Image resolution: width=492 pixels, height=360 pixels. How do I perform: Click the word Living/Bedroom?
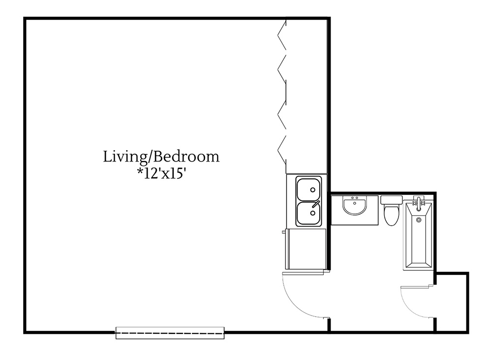pos(161,157)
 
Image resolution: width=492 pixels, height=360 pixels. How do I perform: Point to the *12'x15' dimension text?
pos(161,174)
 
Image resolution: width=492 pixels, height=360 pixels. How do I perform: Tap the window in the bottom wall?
pos(170,333)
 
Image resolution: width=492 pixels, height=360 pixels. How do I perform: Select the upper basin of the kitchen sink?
pos(308,188)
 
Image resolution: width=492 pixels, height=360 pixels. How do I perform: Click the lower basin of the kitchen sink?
pos(308,212)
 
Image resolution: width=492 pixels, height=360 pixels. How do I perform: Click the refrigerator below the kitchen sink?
pos(306,249)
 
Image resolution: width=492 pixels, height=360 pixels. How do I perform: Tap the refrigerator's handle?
pos(284,231)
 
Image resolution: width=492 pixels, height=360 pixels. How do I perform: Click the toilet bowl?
pos(391,215)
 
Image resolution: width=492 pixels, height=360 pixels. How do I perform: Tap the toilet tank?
pos(391,200)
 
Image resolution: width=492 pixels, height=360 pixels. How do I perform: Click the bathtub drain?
pos(419,220)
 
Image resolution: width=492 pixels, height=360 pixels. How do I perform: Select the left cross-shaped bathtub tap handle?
pos(414,202)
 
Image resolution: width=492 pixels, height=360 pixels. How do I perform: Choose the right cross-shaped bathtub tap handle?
pos(423,202)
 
